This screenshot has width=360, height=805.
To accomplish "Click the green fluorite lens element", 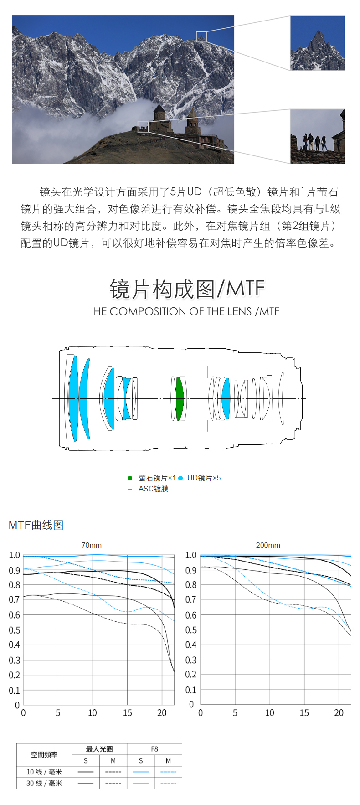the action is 180,398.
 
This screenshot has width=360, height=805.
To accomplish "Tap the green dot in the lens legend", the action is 130,478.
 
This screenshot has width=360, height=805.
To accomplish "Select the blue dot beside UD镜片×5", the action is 180,478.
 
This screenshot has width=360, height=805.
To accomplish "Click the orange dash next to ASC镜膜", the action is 130,489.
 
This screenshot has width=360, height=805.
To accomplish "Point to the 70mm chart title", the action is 92,545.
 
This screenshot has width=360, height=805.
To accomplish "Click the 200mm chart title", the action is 268,545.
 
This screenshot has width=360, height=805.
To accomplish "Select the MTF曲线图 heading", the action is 36,525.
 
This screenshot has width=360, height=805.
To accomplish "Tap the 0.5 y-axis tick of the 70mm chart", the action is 15,630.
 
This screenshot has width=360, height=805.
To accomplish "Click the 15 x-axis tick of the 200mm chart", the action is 304,713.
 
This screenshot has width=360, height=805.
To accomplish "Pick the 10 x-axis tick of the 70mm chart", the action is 93,713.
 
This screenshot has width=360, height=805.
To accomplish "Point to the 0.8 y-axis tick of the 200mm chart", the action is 191,585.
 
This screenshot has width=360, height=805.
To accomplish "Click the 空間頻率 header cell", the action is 44,755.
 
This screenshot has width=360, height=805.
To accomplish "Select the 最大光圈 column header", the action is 99,749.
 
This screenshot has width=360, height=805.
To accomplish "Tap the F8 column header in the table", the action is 154,749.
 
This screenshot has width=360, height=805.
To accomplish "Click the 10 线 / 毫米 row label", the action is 44,772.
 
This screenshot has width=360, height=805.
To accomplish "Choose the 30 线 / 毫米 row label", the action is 44,783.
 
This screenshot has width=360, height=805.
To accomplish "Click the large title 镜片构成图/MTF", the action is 187,289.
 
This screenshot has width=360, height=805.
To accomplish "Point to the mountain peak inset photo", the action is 318,43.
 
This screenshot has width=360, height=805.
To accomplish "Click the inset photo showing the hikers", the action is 318,136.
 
